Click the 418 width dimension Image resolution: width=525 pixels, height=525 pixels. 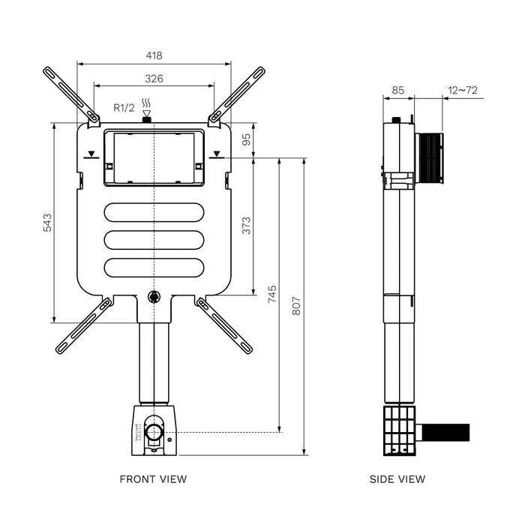[x=154, y=55]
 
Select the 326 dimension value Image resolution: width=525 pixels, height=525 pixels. [x=154, y=78]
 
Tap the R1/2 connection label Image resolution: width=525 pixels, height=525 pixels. [x=124, y=107]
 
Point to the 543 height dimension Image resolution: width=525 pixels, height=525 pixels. [x=46, y=223]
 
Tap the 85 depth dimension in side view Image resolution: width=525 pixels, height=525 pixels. [x=398, y=91]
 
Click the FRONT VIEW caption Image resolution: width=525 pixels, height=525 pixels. [x=154, y=478]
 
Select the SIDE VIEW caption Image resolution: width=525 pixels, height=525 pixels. [x=397, y=478]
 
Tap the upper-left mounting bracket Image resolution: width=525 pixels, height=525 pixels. [x=72, y=94]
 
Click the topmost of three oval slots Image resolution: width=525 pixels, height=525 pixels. [x=154, y=212]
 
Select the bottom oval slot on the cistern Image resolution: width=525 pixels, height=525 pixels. [x=154, y=268]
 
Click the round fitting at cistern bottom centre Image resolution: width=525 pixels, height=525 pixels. [x=154, y=296]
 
